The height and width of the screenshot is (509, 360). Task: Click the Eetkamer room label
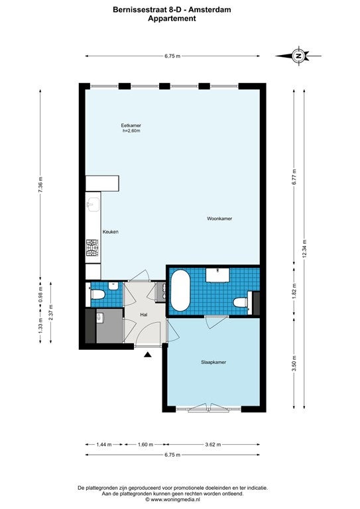(131, 125)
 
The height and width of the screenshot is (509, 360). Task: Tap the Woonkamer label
(219, 219)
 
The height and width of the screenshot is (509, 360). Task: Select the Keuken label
(110, 232)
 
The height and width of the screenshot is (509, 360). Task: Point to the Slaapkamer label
(213, 362)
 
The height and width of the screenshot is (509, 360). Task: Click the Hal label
(144, 315)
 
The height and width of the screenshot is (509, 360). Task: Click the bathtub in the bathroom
(180, 290)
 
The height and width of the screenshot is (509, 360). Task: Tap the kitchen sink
(93, 204)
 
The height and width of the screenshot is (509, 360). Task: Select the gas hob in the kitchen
(93, 247)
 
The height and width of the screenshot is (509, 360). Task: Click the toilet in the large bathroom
(241, 303)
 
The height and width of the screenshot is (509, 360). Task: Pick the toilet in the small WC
(97, 295)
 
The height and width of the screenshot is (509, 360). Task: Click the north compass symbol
(298, 56)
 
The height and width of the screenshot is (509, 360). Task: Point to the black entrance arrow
(148, 355)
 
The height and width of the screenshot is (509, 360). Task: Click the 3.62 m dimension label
(213, 445)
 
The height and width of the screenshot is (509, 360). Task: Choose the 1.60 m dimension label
(145, 445)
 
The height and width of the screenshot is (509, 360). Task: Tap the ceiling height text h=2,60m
(131, 131)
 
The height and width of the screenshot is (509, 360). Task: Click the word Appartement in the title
(172, 18)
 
